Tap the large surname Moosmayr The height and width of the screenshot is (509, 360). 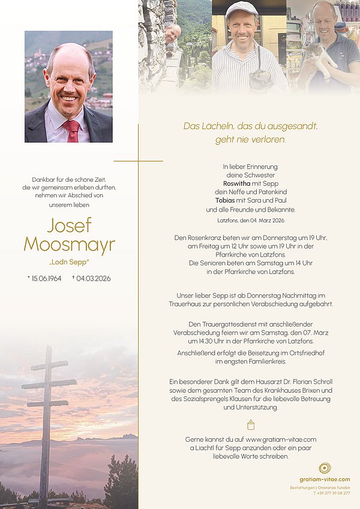[69, 245]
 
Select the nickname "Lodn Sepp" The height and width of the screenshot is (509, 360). [69, 263]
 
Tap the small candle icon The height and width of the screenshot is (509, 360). [251, 424]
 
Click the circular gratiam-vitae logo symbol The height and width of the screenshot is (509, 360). [325, 468]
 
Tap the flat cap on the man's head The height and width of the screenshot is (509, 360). [241, 8]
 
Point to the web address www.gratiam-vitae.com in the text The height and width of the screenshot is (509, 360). [281, 439]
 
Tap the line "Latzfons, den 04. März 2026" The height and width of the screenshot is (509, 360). [250, 220]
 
